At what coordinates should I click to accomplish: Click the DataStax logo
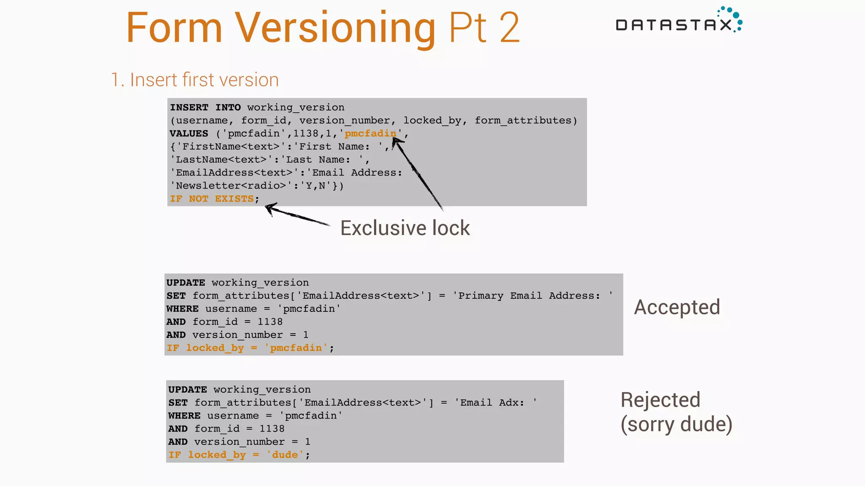(678, 21)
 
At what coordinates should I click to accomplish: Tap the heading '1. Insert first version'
(195, 80)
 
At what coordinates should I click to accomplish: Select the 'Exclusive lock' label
(405, 228)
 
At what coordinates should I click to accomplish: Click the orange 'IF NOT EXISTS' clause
(212, 199)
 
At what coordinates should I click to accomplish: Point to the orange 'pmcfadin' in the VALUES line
(370, 133)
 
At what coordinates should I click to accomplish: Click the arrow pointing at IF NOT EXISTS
(296, 215)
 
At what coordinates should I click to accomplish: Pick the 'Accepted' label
(677, 307)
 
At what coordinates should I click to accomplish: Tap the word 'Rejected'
(660, 400)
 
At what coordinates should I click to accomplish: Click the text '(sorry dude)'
(676, 424)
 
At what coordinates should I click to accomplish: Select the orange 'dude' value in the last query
(285, 455)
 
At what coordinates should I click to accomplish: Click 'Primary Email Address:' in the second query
(529, 296)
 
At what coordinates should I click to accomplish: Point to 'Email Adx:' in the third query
(492, 402)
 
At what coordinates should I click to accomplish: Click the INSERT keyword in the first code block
(189, 107)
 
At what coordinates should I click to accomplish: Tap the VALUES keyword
(189, 133)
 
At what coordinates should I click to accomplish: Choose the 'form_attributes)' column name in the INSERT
(526, 120)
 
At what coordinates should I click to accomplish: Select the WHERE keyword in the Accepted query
(182, 309)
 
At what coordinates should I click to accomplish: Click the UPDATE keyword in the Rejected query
(188, 389)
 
